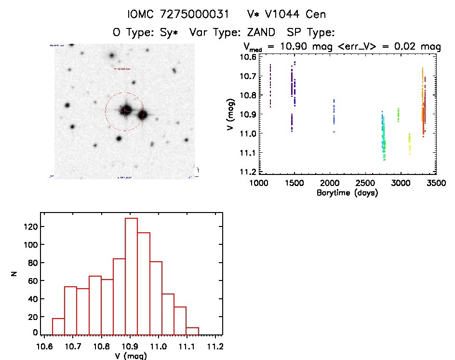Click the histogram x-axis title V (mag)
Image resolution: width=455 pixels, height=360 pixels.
tap(131, 356)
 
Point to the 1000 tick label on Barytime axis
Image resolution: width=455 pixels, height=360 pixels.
tap(259, 184)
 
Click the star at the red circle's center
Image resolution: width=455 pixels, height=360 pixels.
tap(126, 110)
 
